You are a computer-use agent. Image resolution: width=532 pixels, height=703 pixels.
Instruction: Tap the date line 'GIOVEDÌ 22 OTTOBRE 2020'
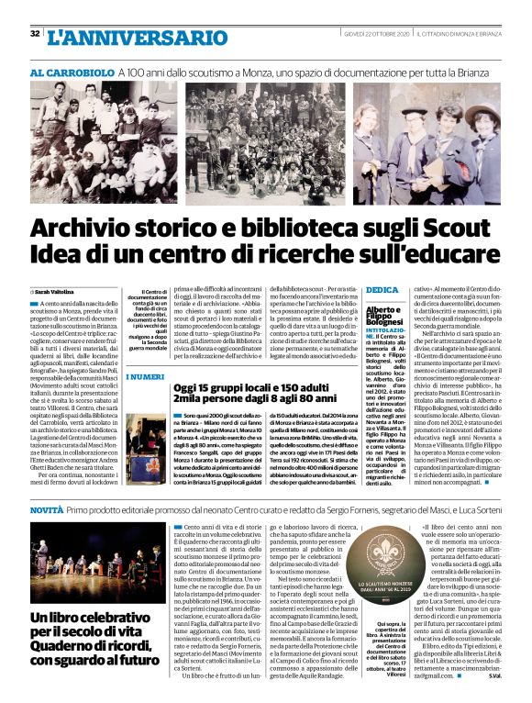371,34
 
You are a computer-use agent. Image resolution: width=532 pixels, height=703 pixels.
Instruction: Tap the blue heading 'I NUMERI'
146,377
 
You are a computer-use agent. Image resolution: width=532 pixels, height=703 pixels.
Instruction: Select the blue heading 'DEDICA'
381,291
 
